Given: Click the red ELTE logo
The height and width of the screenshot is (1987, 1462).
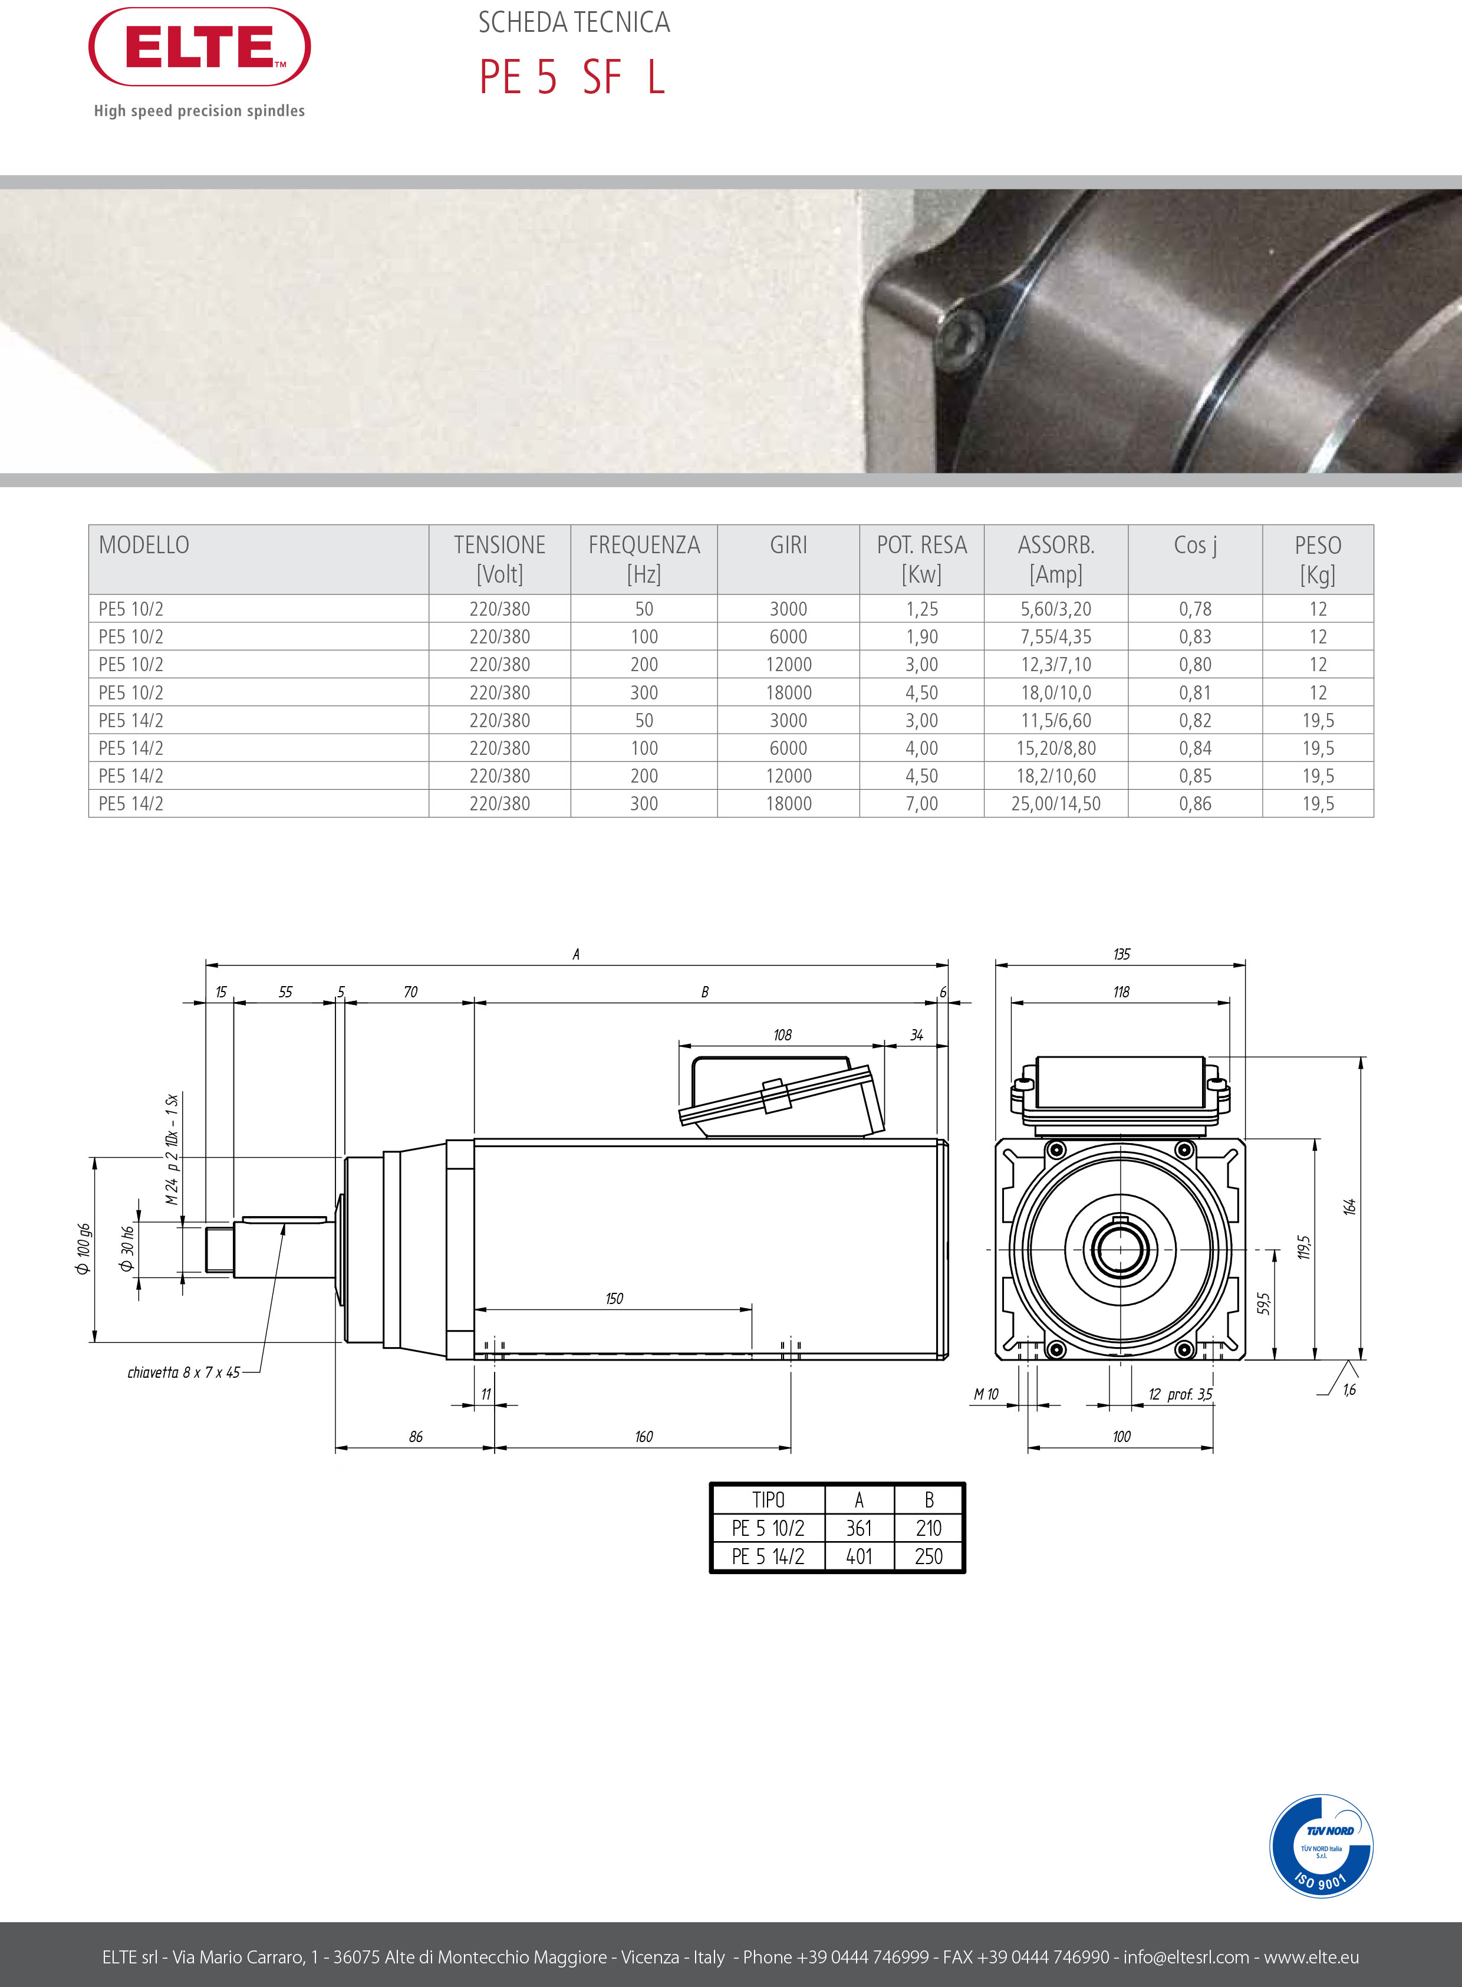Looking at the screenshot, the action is click(x=199, y=47).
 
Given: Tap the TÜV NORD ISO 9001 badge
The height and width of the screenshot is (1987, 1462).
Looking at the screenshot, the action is click(x=1321, y=1846).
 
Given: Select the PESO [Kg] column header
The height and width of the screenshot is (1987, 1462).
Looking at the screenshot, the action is click(x=1318, y=560).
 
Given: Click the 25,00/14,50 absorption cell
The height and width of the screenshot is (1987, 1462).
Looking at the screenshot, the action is click(x=1056, y=804).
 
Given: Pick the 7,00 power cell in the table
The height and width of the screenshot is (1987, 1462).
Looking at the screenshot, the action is click(x=921, y=804).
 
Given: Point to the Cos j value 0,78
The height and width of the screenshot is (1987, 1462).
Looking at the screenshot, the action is click(x=1195, y=609).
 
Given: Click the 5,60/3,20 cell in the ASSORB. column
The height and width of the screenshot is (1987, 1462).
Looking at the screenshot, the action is click(x=1056, y=609).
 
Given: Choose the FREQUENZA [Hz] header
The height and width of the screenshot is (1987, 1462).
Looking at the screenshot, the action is click(x=644, y=560).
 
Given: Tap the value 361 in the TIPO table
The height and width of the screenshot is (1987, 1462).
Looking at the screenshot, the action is click(x=858, y=1528).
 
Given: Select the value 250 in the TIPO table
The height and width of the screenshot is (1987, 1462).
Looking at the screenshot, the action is click(x=928, y=1556).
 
